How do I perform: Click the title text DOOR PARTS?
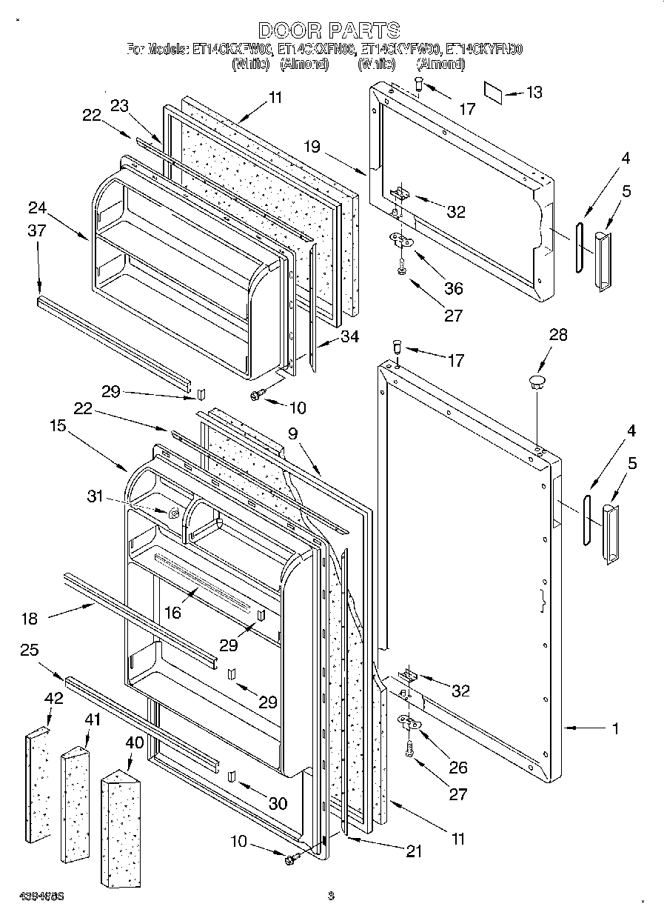pos(329,30)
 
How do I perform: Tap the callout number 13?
pos(534,93)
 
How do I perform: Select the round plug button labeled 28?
pos(535,382)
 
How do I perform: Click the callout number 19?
pos(311,147)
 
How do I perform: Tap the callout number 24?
pos(38,207)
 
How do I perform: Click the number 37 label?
pos(36,231)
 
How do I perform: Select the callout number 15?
pos(58,426)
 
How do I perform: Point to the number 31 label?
pos(96,496)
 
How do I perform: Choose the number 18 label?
pos(30,619)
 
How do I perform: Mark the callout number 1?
pos(614,728)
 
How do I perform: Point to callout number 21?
pos(413,852)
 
